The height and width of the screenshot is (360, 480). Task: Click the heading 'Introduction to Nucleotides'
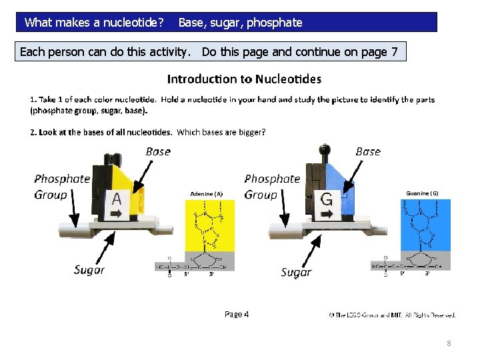coord(244,79)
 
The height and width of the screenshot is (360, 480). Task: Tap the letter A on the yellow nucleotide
coord(117,199)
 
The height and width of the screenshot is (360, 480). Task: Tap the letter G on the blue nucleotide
coord(327,199)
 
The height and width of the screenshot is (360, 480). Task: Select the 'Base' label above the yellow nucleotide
coord(158,151)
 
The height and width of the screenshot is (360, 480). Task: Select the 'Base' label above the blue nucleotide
coord(368,151)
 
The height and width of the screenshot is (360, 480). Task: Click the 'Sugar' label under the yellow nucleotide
coord(89,270)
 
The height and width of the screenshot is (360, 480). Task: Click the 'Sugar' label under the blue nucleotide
coord(296,272)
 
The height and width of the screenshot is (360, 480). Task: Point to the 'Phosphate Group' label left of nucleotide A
coord(62,187)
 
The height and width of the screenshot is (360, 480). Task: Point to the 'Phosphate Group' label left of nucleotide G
coord(272,187)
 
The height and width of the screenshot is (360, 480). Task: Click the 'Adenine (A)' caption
coord(207,193)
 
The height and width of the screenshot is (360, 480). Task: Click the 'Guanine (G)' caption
coord(422,193)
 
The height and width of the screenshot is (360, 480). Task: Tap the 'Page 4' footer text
coord(237,314)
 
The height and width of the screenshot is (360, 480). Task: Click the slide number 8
coord(449,343)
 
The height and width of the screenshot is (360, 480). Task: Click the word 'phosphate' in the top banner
coord(275,23)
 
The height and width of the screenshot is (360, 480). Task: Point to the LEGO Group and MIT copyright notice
coord(393,314)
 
